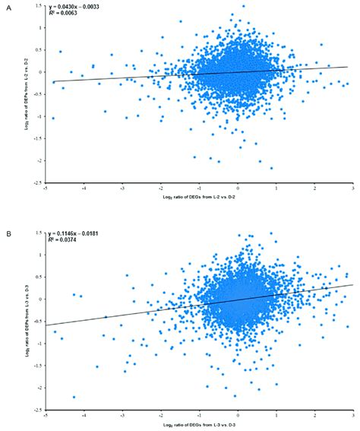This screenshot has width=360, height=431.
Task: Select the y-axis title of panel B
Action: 27,319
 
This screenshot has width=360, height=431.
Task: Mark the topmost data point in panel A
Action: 243,6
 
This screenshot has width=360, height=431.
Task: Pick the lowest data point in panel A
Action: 271,168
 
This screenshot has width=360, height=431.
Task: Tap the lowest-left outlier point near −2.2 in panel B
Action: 74,397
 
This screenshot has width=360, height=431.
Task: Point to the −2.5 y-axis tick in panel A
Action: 39,182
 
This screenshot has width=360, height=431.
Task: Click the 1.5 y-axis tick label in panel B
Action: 40,233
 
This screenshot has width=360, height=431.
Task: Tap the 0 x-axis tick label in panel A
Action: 238,190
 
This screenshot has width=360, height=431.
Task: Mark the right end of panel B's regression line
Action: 353,285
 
